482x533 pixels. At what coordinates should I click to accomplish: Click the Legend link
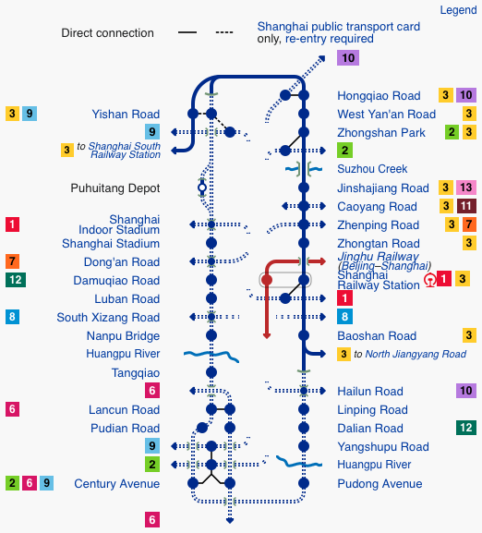(458, 10)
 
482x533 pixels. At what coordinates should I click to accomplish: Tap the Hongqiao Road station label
(379, 96)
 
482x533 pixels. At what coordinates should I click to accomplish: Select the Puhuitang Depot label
(115, 188)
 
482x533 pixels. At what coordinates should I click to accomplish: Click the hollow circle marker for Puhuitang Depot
(202, 188)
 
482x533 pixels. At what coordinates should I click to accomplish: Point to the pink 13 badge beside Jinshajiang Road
(465, 188)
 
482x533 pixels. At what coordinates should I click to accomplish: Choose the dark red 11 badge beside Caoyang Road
(466, 206)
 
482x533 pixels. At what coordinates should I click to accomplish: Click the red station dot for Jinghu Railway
(267, 280)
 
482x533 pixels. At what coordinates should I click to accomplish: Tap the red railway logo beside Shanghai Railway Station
(429, 281)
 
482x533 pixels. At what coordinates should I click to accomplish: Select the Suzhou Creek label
(372, 169)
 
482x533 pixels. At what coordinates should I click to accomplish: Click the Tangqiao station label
(136, 373)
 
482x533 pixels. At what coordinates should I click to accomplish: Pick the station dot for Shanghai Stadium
(211, 243)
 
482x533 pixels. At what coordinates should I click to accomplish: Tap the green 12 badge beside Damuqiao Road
(16, 280)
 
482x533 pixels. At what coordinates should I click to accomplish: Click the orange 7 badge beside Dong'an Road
(12, 261)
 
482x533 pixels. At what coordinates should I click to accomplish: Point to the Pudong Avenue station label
(380, 484)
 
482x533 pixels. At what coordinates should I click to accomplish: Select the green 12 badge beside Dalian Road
(466, 428)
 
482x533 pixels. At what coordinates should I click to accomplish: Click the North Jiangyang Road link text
(416, 354)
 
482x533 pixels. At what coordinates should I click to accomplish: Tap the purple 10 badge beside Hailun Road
(466, 391)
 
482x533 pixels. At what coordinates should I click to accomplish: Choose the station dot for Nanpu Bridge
(211, 335)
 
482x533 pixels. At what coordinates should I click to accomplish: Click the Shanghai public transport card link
(339, 27)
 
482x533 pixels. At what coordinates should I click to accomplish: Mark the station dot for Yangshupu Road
(304, 446)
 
